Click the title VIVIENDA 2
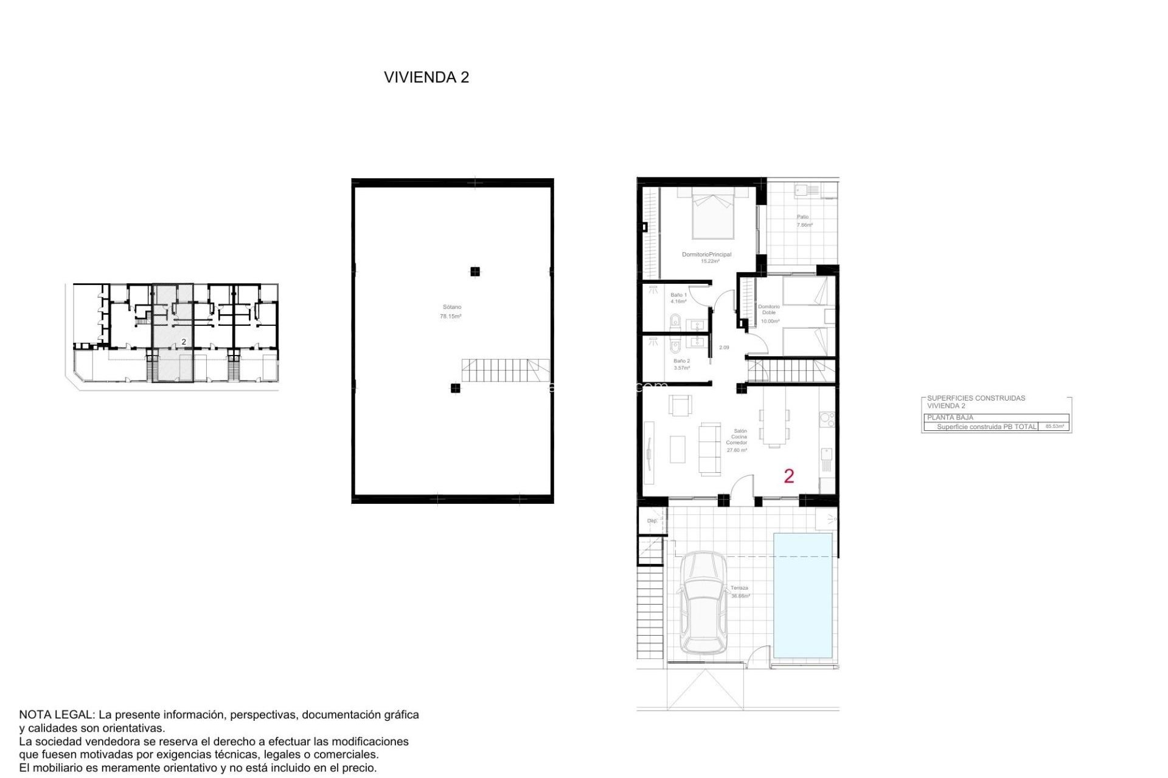426,77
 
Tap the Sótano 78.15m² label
451,312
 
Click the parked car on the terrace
703,603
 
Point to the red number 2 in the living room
789,476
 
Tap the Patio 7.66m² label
804,221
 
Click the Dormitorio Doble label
769,310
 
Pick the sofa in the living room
709,449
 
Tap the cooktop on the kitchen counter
827,418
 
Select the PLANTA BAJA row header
950,418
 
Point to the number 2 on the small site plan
184,342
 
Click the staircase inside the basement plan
505,370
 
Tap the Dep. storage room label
652,521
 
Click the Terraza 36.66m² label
740,592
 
